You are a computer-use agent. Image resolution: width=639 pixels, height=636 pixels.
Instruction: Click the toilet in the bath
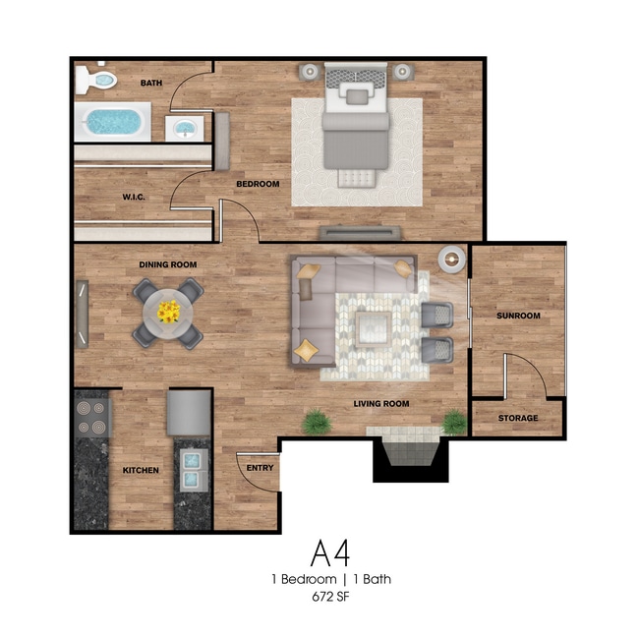click(x=96, y=79)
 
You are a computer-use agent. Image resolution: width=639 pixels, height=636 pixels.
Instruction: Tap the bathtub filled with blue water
click(x=113, y=122)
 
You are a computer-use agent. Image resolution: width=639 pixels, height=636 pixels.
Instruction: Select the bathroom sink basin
click(x=184, y=129)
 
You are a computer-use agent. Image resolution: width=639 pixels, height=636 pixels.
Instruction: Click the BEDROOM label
click(x=258, y=184)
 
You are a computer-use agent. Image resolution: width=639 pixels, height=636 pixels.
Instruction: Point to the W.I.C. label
click(x=134, y=198)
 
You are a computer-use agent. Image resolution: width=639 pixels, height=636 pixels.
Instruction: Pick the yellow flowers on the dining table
click(x=168, y=312)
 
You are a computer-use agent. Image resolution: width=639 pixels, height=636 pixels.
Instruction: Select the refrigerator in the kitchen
click(x=189, y=413)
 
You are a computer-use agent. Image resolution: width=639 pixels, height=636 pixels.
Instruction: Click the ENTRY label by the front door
click(x=260, y=468)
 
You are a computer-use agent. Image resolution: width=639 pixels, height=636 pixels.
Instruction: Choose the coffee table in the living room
click(x=373, y=328)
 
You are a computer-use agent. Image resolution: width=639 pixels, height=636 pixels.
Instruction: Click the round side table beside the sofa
click(x=451, y=259)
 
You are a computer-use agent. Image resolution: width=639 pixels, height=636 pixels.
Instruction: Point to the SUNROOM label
click(x=518, y=316)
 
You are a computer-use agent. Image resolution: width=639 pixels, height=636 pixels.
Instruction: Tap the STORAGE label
click(x=517, y=418)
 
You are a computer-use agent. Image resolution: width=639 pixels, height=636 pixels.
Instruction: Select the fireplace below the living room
click(x=411, y=453)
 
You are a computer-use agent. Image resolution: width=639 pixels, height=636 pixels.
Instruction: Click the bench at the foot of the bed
click(x=357, y=178)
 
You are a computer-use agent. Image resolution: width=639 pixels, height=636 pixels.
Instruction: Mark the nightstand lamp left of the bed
click(x=310, y=72)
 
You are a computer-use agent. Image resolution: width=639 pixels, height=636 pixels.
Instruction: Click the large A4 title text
click(x=330, y=552)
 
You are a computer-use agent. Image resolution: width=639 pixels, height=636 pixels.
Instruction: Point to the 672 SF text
click(x=330, y=597)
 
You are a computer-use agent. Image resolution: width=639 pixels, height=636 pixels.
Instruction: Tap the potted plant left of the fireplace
click(x=317, y=422)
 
